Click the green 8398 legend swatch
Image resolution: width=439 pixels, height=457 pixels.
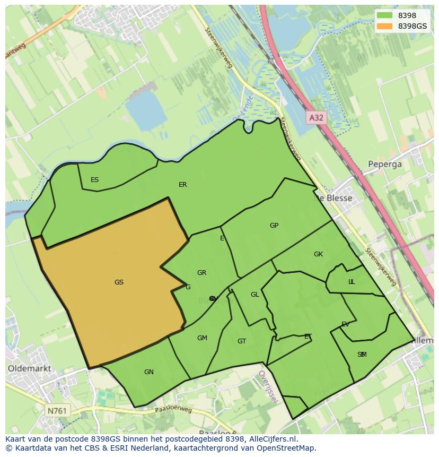[385, 15]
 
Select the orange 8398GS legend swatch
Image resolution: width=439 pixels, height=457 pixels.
[385, 26]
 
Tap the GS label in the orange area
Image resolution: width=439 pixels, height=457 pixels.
[119, 282]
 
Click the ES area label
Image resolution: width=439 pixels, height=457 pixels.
[94, 180]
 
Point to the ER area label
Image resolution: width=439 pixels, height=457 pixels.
[182, 185]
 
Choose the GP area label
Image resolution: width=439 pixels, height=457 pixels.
[274, 226]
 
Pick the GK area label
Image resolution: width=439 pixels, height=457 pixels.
[318, 254]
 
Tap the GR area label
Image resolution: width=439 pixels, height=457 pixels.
[201, 273]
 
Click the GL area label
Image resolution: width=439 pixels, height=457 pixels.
[255, 295]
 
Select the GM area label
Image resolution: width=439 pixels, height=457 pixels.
[202, 338]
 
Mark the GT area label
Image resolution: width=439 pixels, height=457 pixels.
[242, 341]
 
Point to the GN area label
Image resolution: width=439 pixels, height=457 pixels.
[149, 372]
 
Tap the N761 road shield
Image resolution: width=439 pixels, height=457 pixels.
[57, 411]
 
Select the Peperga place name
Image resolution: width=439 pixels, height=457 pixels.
[385, 165]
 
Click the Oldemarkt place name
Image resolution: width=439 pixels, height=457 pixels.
[30, 368]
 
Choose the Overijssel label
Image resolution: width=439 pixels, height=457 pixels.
[267, 386]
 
